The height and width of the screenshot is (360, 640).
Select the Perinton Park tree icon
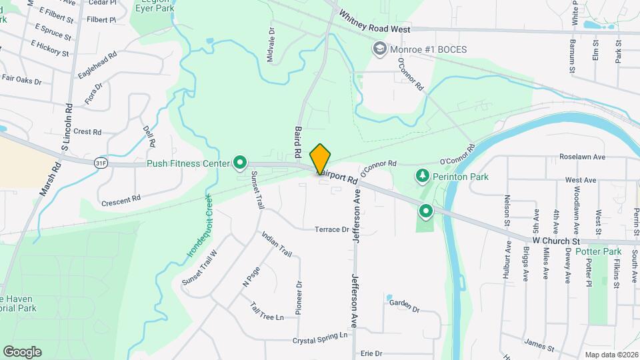(421, 176)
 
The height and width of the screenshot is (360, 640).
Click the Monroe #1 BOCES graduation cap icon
(380, 49)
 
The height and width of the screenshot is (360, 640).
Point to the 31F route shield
(101, 162)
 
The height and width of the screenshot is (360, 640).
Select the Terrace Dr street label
(332, 229)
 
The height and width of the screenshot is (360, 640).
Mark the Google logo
(22, 351)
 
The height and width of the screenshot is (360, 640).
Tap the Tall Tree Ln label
(267, 311)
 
